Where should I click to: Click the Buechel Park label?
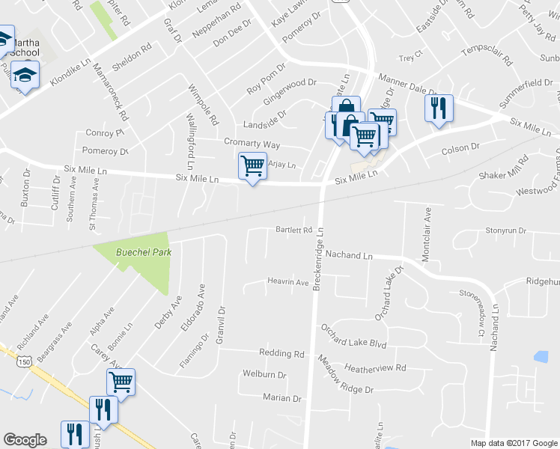click(143, 252)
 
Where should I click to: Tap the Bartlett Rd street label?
click(293, 230)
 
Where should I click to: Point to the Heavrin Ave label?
click(288, 282)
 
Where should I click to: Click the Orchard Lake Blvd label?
click(353, 336)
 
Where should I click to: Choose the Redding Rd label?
click(281, 353)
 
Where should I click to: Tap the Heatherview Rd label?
click(375, 368)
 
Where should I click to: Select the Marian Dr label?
click(281, 398)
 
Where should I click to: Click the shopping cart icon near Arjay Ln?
click(252, 166)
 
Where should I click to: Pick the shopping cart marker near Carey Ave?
click(120, 382)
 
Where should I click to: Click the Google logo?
click(25, 440)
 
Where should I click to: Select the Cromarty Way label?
click(252, 143)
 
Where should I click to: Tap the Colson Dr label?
click(460, 149)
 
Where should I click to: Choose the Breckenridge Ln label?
click(317, 260)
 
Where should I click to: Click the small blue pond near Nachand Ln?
click(541, 357)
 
